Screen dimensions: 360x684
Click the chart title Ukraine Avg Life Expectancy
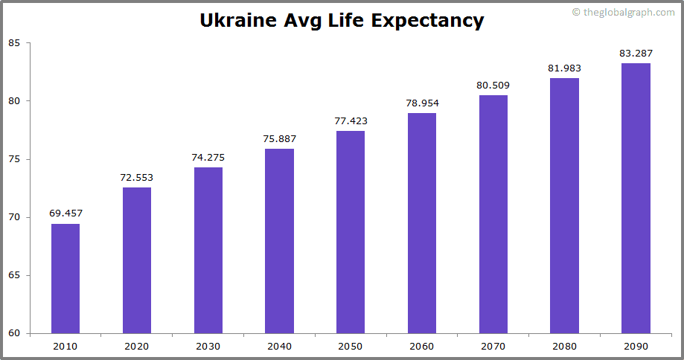pos(342,20)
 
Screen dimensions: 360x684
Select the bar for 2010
pos(65,278)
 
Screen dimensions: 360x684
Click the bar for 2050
pos(351,232)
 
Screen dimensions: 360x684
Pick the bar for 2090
pos(636,198)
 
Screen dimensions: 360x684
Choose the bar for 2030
pos(208,250)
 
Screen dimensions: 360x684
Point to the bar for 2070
pos(493,214)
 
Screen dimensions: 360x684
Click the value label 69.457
pos(65,213)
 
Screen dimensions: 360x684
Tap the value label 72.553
pos(137,177)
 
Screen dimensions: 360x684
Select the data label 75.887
pos(279,138)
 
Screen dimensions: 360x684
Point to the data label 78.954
pos(422,103)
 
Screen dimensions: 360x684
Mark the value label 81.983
pos(564,68)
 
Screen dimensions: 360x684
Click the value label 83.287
pos(636,53)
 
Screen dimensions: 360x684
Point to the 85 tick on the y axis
pos(14,43)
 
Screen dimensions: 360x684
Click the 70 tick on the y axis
pos(14,217)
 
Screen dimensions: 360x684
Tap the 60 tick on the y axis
pos(14,333)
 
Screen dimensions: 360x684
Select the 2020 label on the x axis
pos(137,346)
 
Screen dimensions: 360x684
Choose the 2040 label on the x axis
pos(279,346)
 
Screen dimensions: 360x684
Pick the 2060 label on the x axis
pos(422,346)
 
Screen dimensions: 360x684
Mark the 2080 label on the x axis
pos(564,346)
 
